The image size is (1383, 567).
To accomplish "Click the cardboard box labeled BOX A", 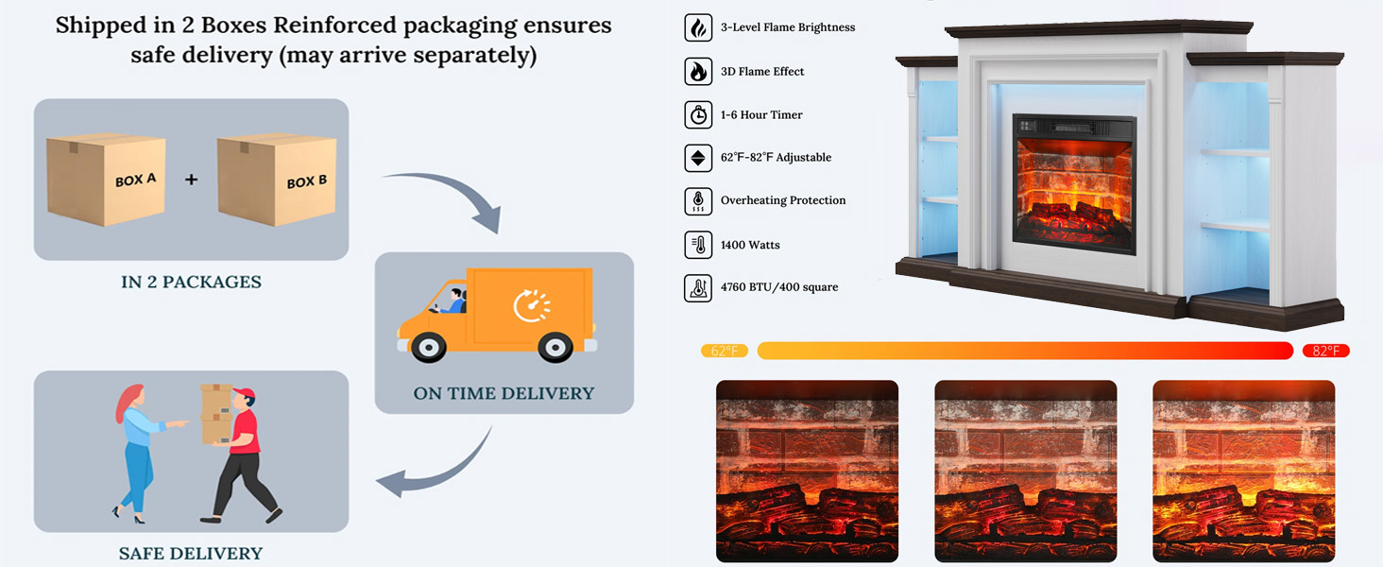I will [106, 180].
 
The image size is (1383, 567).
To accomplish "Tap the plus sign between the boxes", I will [191, 179].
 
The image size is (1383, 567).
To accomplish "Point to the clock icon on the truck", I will [532, 305].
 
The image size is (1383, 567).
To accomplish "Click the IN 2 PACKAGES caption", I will [191, 282].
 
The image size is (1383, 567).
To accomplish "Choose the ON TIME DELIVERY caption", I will [504, 393].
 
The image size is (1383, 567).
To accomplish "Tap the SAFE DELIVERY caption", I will [191, 554].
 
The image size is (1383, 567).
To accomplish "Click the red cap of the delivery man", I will [244, 394].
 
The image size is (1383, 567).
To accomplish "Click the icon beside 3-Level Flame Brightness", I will [698, 27].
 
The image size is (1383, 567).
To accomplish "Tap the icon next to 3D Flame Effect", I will [698, 72].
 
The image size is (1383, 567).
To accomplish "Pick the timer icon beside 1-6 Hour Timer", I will [698, 115].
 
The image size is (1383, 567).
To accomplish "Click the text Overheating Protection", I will [783, 200].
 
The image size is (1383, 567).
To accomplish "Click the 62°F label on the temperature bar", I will [725, 351].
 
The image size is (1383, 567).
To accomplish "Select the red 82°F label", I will [1325, 351].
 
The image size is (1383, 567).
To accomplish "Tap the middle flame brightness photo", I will [1026, 471].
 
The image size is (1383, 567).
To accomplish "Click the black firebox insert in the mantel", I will [1075, 184].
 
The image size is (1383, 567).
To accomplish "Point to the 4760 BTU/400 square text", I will [779, 287].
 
